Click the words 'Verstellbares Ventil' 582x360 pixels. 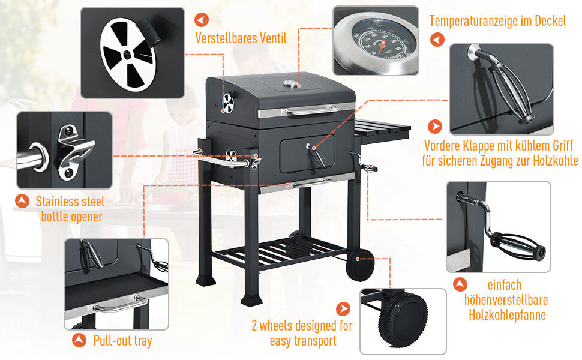tap(241, 38)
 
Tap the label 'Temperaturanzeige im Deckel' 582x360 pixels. tap(498, 21)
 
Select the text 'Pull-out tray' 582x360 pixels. tap(122, 341)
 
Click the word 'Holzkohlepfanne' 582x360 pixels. tap(507, 315)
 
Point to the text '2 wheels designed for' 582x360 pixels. tap(302, 325)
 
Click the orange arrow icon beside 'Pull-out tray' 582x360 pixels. tap(79, 340)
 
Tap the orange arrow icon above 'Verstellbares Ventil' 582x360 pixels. tap(202, 20)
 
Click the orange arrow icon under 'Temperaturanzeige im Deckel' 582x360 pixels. tap(437, 40)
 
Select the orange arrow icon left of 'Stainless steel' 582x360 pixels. tap(22, 201)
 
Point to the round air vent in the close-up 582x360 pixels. tap(127, 55)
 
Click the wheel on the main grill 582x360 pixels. tap(360, 265)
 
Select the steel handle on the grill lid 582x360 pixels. tap(312, 110)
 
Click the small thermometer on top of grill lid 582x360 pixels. tap(290, 84)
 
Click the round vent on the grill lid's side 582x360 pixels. tap(228, 103)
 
